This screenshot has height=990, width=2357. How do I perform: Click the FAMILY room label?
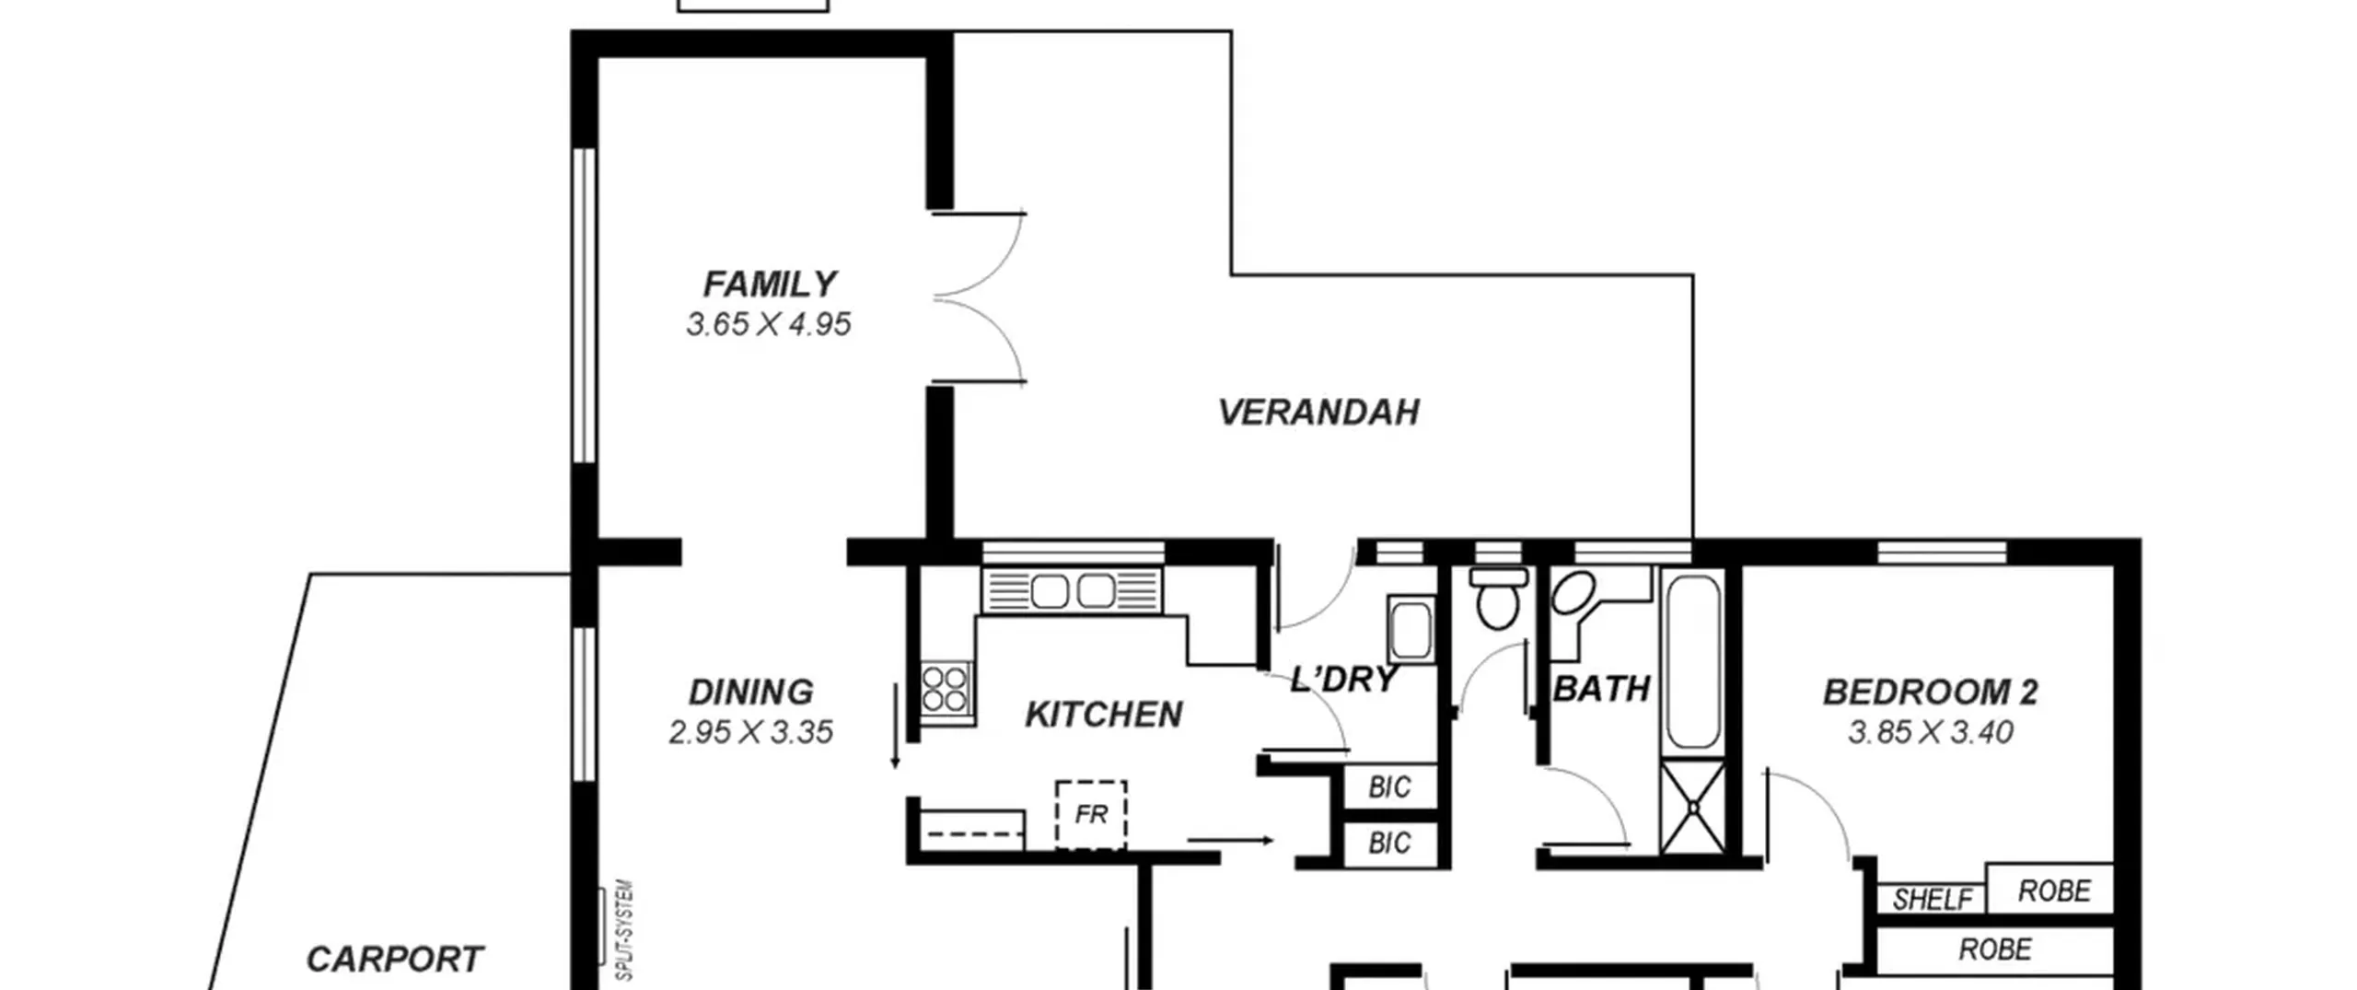[x=770, y=284]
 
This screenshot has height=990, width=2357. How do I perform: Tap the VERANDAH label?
[x=1318, y=412]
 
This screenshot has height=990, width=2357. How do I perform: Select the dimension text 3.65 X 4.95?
[x=769, y=324]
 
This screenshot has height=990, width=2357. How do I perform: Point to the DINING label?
[x=751, y=692]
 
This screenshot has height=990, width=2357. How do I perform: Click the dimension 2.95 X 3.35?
[x=750, y=732]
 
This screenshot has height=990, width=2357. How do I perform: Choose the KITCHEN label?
[x=1104, y=715]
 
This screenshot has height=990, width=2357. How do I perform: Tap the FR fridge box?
[x=1091, y=815]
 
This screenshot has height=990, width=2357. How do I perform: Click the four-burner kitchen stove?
[x=946, y=687]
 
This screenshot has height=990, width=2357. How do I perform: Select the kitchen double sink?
[x=1072, y=590]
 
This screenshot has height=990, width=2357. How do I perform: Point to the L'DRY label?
[x=1344, y=680]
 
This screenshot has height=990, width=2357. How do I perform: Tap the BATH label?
[x=1601, y=689]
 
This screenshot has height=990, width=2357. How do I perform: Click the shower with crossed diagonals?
[x=1693, y=807]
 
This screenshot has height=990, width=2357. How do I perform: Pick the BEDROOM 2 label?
[x=1931, y=692]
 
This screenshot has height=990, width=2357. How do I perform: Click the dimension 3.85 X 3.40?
[x=1931, y=732]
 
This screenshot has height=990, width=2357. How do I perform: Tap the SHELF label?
[x=1933, y=899]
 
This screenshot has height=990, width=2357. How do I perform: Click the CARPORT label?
[x=394, y=960]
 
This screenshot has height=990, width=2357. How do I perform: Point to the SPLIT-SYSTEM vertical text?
[x=625, y=930]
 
